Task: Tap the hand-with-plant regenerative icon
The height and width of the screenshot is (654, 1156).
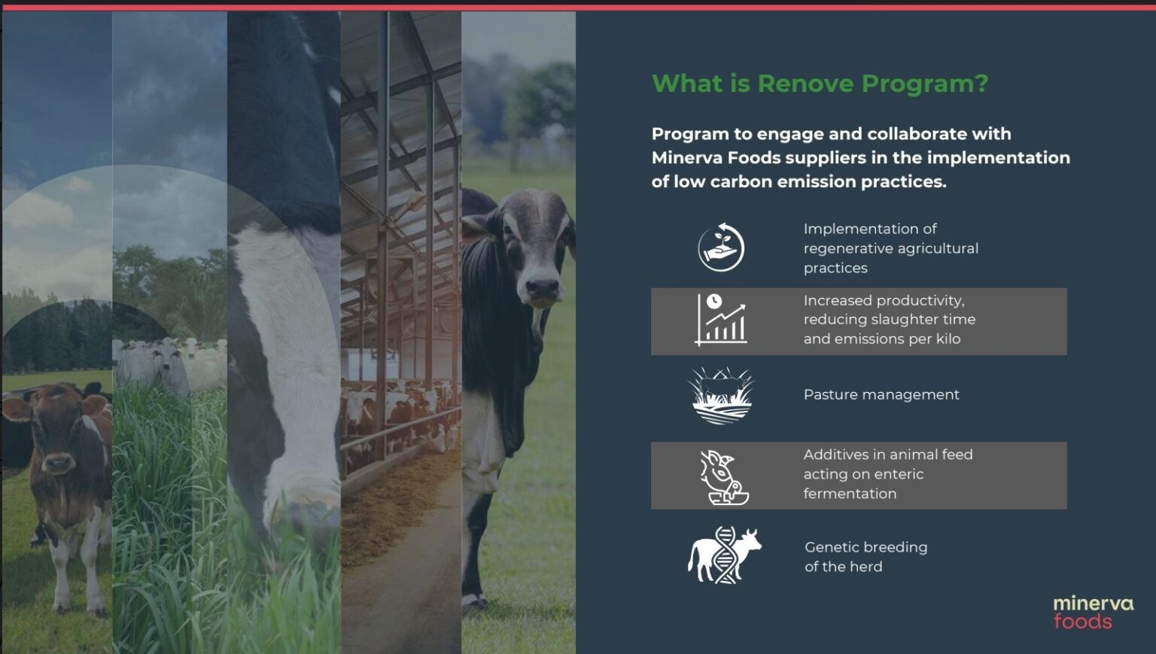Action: point(721,247)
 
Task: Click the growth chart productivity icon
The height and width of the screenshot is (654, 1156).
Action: point(720,320)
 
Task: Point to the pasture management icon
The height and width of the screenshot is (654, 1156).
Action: point(721,395)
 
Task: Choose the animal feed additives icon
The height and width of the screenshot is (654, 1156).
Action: point(723,477)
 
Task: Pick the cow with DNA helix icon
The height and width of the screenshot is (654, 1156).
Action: point(724,555)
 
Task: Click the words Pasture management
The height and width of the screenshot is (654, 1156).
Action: point(881,394)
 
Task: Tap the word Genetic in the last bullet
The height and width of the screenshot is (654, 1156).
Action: point(832,547)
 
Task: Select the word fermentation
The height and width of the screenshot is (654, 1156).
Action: point(850,494)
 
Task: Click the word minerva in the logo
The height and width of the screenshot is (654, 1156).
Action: point(1093,603)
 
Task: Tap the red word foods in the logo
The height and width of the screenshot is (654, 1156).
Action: point(1082,622)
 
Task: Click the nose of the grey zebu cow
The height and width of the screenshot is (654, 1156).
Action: point(540,287)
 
